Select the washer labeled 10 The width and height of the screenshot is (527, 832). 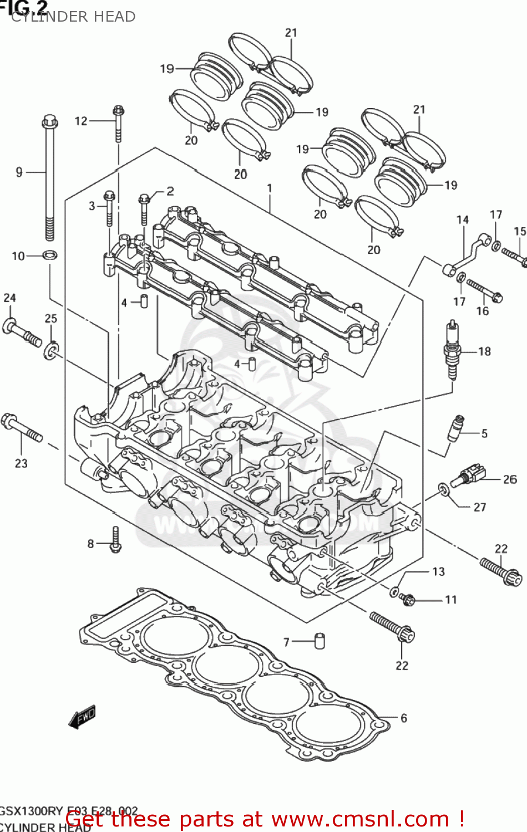50,256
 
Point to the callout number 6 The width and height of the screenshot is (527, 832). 403,718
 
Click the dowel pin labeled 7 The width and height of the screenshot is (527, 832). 320,641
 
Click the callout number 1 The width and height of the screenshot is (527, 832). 270,189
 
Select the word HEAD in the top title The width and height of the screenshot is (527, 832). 115,17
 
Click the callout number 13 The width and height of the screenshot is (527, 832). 438,571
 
